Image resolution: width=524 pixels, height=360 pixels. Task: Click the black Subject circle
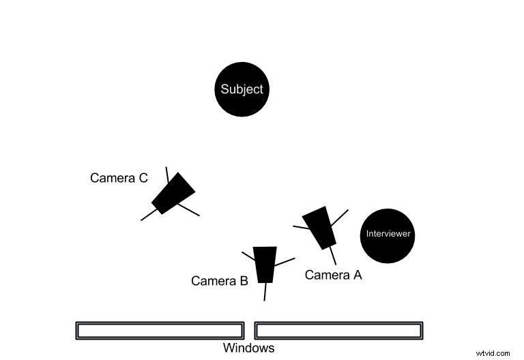(242, 89)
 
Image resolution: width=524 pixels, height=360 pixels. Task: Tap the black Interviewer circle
(388, 235)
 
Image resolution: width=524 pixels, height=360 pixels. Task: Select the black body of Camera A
(319, 228)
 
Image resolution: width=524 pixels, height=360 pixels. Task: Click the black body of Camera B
(265, 265)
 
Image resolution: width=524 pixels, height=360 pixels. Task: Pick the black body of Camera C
(173, 193)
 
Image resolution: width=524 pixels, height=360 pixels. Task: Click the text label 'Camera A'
(333, 275)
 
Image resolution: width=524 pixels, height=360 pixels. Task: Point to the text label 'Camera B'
(219, 280)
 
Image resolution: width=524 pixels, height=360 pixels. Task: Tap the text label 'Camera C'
(119, 178)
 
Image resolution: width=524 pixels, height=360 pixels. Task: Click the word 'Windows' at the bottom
(248, 348)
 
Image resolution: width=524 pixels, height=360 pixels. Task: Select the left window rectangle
(160, 331)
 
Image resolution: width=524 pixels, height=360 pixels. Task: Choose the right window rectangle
(338, 331)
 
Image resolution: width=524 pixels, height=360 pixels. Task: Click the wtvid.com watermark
(493, 353)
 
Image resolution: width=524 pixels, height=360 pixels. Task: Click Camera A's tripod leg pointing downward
(334, 256)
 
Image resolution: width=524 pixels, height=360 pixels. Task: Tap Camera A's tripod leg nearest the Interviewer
(340, 216)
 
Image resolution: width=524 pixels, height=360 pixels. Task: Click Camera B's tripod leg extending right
(285, 261)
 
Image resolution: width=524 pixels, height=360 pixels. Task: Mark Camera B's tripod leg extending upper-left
(248, 256)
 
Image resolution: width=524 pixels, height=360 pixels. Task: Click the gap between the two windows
(249, 331)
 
